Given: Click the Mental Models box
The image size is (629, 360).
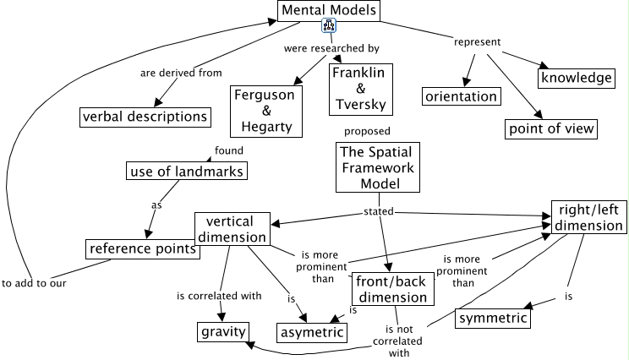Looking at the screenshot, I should [x=329, y=10].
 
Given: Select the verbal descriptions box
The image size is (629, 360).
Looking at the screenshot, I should [x=145, y=116].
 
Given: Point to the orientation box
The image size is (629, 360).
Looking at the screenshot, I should [x=461, y=96].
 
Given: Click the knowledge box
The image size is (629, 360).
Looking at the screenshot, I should [x=576, y=78].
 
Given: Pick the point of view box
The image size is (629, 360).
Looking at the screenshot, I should [x=551, y=128].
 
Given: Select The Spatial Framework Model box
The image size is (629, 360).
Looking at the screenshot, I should [x=378, y=167].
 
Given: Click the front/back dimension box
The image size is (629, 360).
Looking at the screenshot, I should [x=390, y=288].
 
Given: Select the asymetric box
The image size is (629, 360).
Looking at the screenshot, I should [x=312, y=332].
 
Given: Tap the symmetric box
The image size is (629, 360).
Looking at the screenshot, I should [x=493, y=319].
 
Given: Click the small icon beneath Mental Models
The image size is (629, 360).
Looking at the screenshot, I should [x=330, y=27].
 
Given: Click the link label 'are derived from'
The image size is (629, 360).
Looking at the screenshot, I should [x=181, y=73].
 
